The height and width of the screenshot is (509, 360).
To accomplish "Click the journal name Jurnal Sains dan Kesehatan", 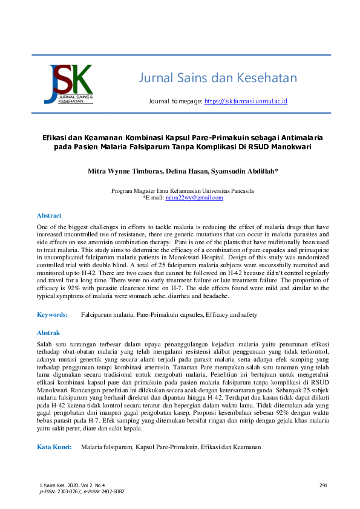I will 218,78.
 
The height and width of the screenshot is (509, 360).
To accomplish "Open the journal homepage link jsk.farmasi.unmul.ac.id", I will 245,102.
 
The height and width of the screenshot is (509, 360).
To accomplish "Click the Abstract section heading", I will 49,215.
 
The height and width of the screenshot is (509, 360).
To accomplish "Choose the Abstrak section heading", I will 48,333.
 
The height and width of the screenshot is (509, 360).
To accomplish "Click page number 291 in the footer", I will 322,485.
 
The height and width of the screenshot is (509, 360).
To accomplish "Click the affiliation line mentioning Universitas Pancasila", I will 182,191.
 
